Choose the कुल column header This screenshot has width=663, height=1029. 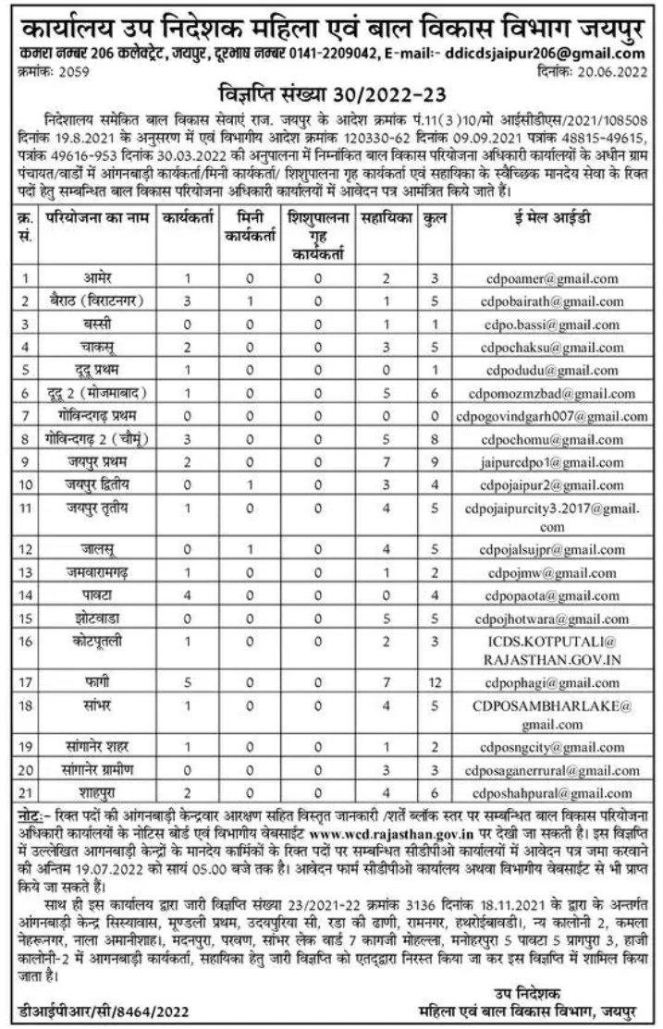(x=431, y=219)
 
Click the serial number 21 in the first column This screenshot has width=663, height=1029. (x=27, y=792)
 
